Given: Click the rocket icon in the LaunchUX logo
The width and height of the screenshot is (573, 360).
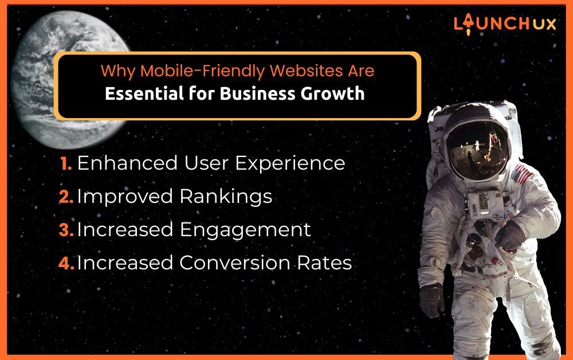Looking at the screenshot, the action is point(468,24).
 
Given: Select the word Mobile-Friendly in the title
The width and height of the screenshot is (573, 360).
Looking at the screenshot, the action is point(202,71).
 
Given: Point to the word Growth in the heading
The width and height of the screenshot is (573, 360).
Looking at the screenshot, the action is point(332,93).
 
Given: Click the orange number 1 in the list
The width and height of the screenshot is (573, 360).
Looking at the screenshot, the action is point(66,163).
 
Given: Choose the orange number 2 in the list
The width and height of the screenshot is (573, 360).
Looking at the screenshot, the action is point(66,197).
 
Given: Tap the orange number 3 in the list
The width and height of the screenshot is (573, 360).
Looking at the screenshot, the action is point(66,230).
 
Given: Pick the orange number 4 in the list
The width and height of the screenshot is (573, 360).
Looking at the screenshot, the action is point(66,263).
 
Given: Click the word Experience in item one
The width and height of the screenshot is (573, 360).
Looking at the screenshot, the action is point(290,164).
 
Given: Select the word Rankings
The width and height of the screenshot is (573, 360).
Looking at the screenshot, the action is point(226,197).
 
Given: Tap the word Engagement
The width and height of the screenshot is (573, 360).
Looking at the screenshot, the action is point(245,230).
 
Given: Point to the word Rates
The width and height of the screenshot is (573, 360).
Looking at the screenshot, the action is point(324,263).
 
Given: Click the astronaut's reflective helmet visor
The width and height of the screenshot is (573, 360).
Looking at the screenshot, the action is point(477,150).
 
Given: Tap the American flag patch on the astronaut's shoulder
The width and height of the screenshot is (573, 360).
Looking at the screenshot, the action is point(522,174).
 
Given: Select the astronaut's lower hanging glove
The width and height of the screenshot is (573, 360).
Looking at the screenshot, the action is point(431,301).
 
